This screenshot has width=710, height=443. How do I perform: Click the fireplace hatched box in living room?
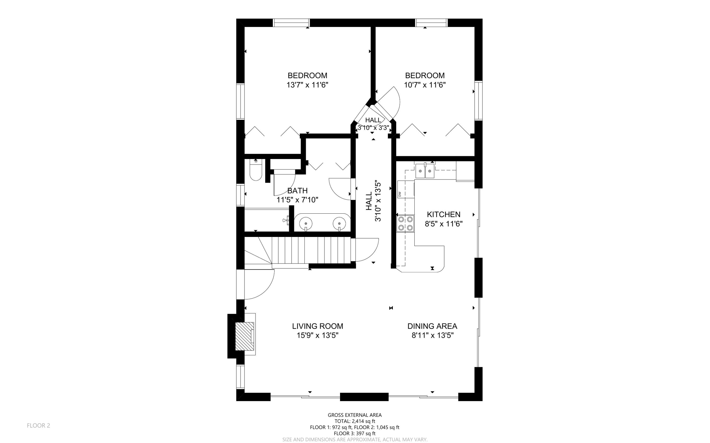coord(245,336)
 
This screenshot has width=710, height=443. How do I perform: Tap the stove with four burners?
coord(405,223)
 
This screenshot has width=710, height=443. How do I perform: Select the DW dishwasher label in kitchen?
coord(400,194)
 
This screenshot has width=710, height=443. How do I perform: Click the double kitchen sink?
coord(425,171)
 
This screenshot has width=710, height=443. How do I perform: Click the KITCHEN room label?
coord(443,214)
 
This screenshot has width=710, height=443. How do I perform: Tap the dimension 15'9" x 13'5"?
coord(317,335)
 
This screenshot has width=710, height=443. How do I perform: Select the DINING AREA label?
coord(432,326)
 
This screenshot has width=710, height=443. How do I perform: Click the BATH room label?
coord(297,191)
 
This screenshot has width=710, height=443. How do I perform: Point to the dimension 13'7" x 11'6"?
coord(307,85)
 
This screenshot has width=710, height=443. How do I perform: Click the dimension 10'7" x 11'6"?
coord(425,85)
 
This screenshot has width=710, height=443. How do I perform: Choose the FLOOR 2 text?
coord(38,425)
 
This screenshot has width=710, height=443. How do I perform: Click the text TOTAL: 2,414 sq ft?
coord(355,421)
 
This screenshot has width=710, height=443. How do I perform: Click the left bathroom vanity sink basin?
coord(306,223)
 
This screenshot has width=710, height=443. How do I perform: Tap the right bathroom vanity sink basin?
coord(339,223)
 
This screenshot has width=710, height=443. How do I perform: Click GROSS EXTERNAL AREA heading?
coord(355,415)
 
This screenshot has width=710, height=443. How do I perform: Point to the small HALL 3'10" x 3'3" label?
coord(373,124)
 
